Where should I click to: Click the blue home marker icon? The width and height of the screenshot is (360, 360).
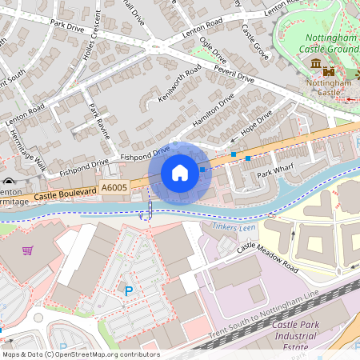click(180, 173)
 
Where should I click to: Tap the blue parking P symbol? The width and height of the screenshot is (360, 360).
click(128, 290)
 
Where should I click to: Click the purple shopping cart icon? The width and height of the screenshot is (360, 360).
click(28, 250)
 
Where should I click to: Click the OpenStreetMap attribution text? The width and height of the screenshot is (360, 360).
click(80, 354)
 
